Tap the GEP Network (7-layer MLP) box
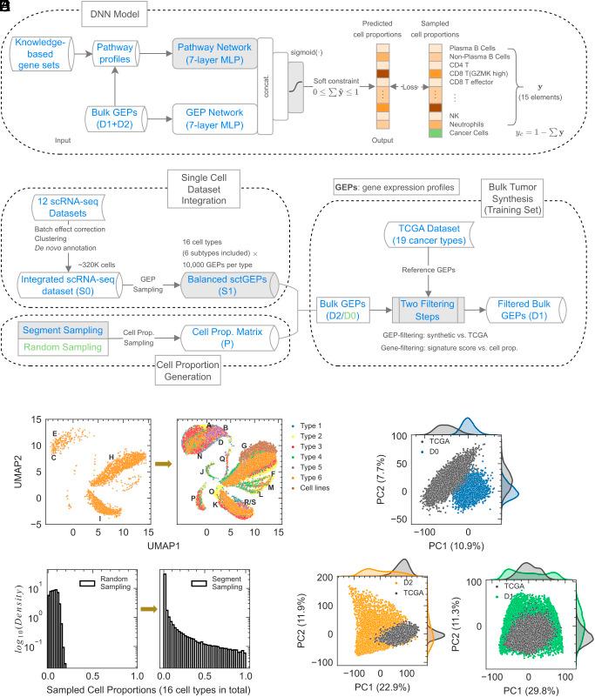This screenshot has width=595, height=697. point(221,117)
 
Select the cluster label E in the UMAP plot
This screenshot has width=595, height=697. point(54,432)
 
